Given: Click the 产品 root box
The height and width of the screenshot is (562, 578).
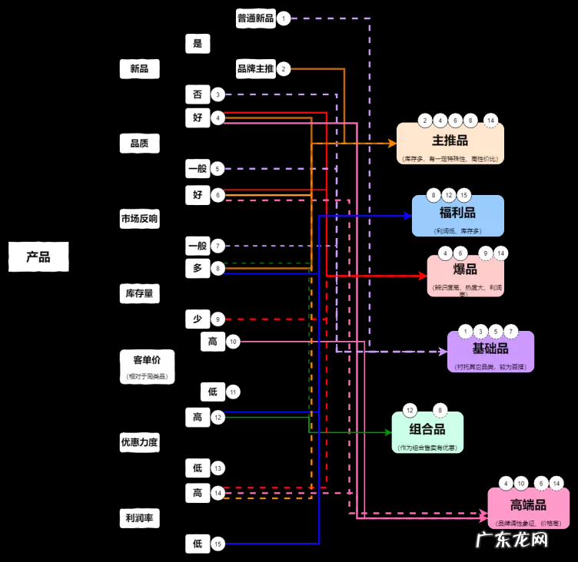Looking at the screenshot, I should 38,257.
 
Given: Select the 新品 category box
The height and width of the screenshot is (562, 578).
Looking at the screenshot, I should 139,69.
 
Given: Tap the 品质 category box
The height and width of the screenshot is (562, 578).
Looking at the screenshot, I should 139,143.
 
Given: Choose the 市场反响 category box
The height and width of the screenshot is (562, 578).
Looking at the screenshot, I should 139,219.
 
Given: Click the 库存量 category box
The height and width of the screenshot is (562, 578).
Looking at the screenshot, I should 139,293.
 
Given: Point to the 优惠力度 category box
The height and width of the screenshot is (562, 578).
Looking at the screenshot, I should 139,442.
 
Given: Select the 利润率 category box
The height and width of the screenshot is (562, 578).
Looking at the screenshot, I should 139,518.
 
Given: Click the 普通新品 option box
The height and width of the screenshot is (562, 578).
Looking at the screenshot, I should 255,18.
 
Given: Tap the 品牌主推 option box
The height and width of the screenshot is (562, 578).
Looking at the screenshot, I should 255,69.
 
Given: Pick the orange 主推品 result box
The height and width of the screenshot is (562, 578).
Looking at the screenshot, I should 450,144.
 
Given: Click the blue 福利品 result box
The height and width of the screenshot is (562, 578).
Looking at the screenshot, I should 457,215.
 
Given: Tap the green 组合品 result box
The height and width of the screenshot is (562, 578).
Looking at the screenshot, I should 427,432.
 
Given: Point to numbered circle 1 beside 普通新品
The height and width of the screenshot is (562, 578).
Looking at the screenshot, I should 284,18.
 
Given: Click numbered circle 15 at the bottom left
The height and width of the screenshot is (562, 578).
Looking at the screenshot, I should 218,544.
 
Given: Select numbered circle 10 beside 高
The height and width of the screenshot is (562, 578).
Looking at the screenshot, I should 233,341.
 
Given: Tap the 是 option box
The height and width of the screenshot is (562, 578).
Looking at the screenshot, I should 198,44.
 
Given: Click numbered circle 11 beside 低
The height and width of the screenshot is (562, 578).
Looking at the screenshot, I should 233,392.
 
